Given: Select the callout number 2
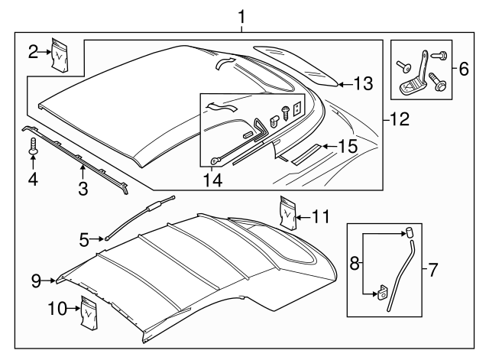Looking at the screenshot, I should click(x=34, y=52).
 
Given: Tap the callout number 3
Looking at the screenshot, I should click(x=83, y=186).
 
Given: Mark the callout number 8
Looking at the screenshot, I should click(x=353, y=264).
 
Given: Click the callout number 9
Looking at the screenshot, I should click(x=35, y=281).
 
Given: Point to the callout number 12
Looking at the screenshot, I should click(x=400, y=118).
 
